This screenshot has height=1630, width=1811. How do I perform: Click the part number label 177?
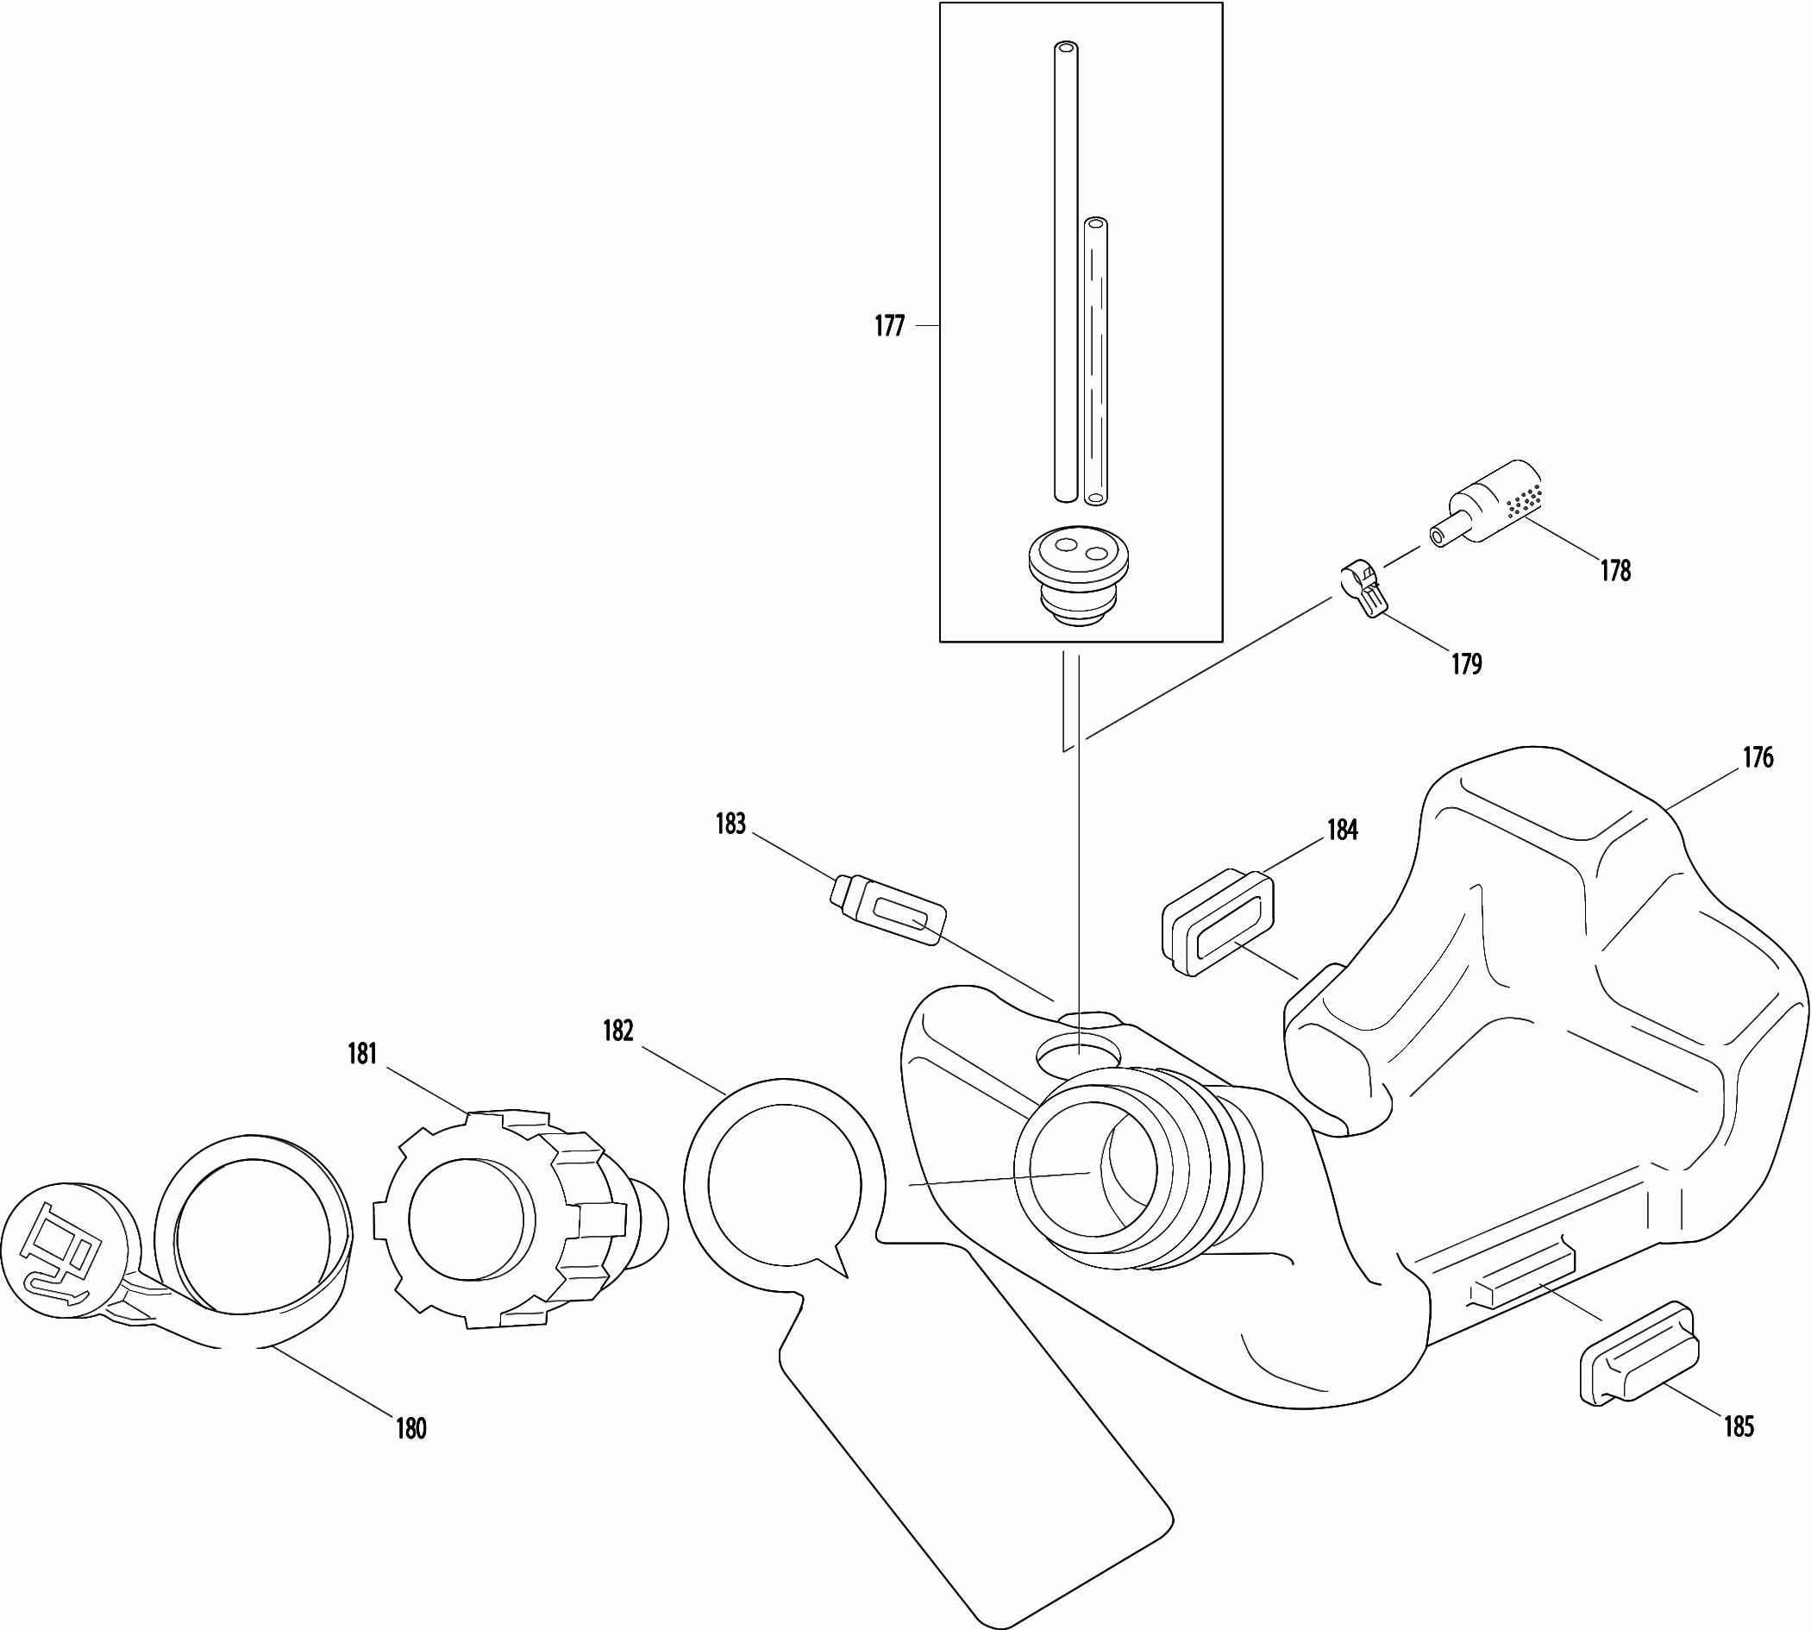(x=889, y=326)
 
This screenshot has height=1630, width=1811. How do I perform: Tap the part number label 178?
(x=1616, y=571)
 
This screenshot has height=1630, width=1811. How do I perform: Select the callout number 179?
(x=1467, y=664)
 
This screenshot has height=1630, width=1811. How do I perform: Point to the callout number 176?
(x=1758, y=758)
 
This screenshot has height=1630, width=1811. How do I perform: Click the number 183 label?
(x=730, y=824)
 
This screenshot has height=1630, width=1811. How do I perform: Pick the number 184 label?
(x=1343, y=831)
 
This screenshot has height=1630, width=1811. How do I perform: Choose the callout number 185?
(x=1739, y=1426)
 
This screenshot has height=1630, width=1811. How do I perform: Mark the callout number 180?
(x=411, y=1428)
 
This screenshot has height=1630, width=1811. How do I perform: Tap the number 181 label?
(x=362, y=1054)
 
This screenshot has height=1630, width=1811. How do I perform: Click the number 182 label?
(x=618, y=1031)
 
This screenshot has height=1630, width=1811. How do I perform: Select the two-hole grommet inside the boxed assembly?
(x=1078, y=575)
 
